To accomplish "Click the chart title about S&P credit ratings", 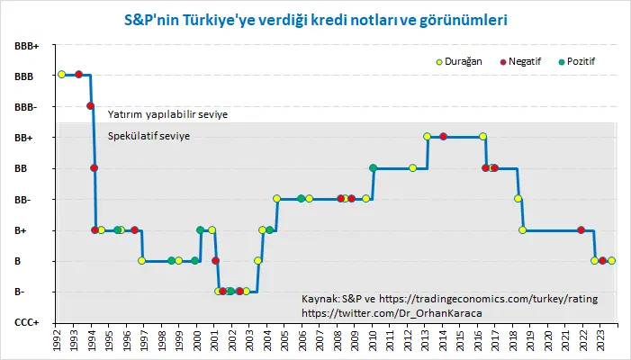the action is click(315, 20).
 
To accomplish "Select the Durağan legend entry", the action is click(459, 61).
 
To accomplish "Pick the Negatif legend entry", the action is click(520, 61).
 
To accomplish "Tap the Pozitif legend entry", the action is click(577, 61).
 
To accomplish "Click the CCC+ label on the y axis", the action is click(27, 322).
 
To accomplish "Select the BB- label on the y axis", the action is click(23, 200).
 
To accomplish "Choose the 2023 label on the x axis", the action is click(600, 340).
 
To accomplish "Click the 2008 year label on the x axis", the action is click(338, 340).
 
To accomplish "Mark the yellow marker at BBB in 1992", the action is click(61, 74).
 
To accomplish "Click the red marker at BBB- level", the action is click(91, 106).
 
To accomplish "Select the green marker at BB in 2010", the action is click(373, 167).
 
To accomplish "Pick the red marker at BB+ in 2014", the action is click(444, 137).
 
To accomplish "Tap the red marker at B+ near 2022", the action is click(581, 230).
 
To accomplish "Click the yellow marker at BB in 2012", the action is click(412, 167).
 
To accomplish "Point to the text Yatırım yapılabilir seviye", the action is click(167, 114).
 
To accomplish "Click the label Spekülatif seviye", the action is click(149, 136).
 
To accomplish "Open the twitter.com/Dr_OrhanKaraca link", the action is click(392, 313).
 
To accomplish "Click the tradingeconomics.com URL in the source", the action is click(488, 299).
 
